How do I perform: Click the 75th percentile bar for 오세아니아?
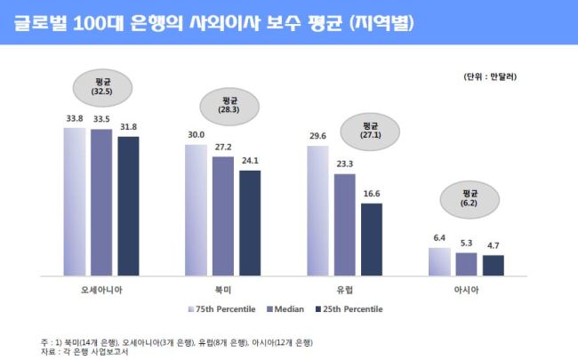75,202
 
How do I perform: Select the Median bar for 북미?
223,216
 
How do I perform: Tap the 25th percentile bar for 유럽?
372,239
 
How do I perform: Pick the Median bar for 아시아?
466,264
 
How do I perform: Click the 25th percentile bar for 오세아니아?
128,206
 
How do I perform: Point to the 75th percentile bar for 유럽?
317,211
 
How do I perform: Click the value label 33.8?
75,118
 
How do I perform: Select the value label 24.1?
250,161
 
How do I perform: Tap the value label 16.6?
372,194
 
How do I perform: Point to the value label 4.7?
494,245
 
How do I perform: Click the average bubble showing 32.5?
102,88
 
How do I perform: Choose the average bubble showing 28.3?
229,107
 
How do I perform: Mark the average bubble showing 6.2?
470,199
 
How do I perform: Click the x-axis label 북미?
223,290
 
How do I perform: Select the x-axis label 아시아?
466,290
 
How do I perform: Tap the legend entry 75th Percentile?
222,309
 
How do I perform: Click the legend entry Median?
285,309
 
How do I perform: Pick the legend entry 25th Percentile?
349,309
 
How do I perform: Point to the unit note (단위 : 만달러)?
490,76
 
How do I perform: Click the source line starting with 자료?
84,352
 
